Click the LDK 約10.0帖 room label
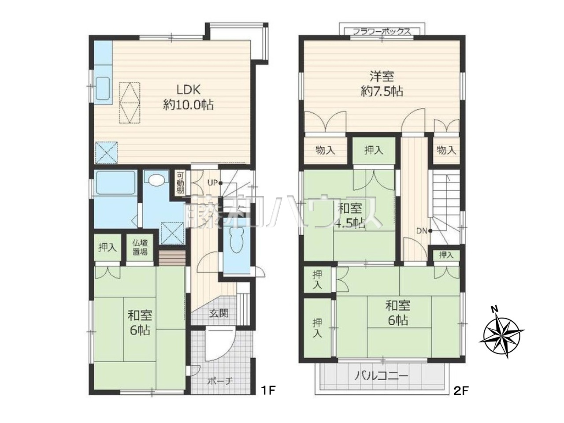pos(188,97)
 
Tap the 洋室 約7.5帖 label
pos(382,84)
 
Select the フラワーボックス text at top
pos(382,32)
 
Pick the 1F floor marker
pos(268,398)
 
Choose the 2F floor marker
pos(461,398)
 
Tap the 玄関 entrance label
pos(219,313)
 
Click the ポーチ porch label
pos(220,381)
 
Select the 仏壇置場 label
pos(140,247)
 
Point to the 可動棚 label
pos(180,182)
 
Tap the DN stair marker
pos(424,231)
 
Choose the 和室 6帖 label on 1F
pos(140,323)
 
